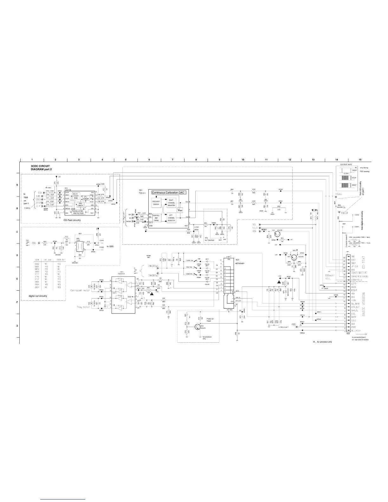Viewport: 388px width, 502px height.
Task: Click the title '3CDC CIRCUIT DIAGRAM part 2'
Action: pos(40,167)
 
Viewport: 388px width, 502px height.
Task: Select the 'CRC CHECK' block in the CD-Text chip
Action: pos(81,204)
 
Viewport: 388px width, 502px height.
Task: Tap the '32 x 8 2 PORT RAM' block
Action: pos(76,196)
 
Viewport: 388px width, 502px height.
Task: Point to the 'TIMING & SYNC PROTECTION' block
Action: pos(78,212)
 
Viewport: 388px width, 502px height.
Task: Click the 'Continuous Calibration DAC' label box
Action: pos(168,192)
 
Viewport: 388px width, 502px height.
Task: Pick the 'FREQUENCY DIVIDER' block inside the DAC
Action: pos(156,203)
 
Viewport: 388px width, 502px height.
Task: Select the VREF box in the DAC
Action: pos(180,210)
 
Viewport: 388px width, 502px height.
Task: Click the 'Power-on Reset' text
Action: pos(211,320)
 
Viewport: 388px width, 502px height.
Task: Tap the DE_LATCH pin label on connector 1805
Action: pos(356,330)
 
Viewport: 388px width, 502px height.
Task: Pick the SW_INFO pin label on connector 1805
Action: pos(355,304)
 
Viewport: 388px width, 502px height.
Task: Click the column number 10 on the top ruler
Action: pos(242,159)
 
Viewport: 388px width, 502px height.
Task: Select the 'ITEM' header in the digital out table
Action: pos(36,260)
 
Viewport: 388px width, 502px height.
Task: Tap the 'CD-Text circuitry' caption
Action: pos(72,220)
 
